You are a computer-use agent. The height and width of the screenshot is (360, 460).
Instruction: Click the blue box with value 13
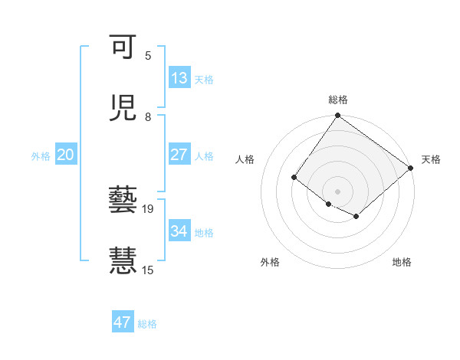click(179, 78)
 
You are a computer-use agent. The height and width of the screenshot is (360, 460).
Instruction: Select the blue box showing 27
click(179, 155)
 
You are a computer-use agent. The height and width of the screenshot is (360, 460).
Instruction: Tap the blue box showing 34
click(179, 231)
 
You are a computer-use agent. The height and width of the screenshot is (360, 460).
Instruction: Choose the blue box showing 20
click(66, 155)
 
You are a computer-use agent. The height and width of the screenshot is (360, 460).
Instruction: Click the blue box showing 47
click(123, 322)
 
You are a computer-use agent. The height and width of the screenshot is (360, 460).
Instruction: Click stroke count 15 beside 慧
click(147, 270)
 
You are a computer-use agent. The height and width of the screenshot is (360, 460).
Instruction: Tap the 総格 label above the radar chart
click(338, 100)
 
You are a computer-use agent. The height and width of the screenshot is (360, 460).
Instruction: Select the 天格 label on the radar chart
click(431, 159)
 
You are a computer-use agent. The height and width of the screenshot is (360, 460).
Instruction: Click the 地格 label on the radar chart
click(402, 262)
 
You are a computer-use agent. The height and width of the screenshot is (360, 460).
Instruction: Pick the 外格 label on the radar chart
click(270, 262)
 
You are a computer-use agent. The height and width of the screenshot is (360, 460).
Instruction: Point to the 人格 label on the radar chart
click(245, 159)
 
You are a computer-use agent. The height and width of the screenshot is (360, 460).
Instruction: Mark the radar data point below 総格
click(338, 116)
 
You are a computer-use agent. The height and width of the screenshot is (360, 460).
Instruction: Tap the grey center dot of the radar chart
click(338, 191)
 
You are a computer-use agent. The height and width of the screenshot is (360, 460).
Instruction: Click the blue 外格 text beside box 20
click(41, 155)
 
